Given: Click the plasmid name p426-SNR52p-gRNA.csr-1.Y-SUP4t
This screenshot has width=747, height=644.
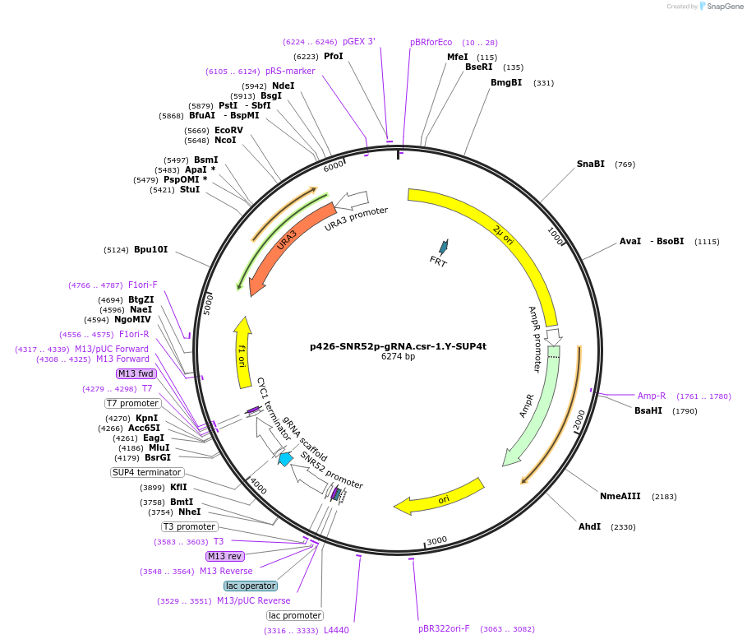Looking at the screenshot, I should (398, 346).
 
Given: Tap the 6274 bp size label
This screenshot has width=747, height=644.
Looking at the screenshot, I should (398, 357).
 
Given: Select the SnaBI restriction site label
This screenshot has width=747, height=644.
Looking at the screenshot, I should (590, 164).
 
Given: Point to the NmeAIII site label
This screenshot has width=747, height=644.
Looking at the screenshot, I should (620, 496).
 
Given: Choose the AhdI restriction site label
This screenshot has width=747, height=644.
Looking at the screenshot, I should (589, 526).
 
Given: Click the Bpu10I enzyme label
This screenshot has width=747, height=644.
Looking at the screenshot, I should (150, 249).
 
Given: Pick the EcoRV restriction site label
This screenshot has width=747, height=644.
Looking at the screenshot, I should (228, 130).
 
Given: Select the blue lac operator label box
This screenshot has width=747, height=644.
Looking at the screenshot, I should (251, 586).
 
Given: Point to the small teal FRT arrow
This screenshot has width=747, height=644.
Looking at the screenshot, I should (444, 247).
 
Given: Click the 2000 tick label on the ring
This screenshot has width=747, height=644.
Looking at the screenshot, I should (580, 419).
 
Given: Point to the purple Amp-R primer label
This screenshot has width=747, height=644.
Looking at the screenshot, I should (651, 396).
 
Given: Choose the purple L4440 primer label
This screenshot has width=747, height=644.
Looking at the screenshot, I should (336, 630).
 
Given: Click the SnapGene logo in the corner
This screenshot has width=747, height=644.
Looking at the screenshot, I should (720, 7).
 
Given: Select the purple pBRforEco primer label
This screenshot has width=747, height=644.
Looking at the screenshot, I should (431, 43).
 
